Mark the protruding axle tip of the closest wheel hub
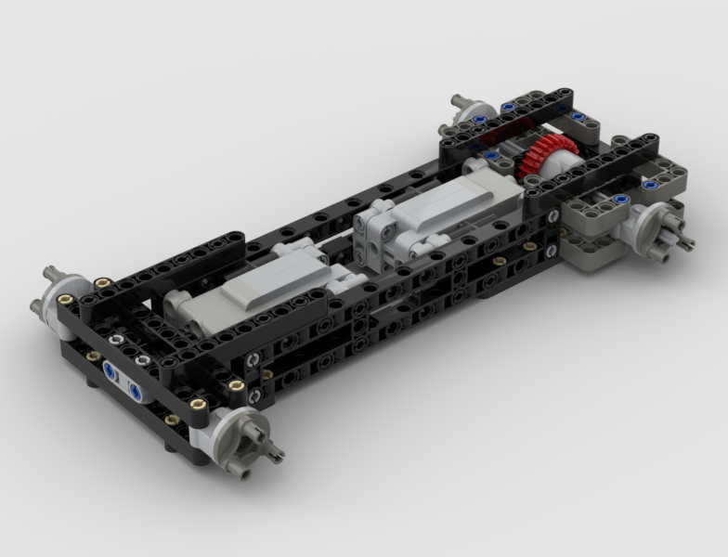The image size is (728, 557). pos(276,455)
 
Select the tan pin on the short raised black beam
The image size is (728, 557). pos(236,382)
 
